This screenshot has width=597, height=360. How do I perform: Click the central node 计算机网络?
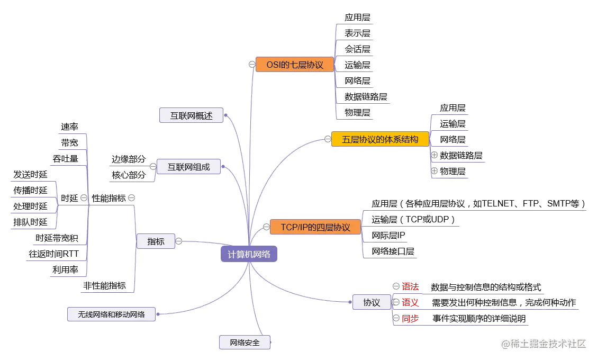pyautogui.click(x=249, y=254)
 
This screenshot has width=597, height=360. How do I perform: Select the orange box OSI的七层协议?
pyautogui.click(x=295, y=65)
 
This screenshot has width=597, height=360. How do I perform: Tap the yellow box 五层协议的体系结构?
pyautogui.click(x=379, y=140)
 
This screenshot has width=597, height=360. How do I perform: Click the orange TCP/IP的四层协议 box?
pyautogui.click(x=315, y=228)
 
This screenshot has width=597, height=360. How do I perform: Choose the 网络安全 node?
pyautogui.click(x=245, y=343)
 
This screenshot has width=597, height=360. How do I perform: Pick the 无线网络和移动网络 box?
pyautogui.click(x=111, y=314)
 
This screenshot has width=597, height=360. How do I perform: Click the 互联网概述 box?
pyautogui.click(x=191, y=115)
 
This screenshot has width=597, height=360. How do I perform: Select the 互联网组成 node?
pyautogui.click(x=189, y=167)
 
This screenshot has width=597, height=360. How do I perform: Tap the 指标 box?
pyautogui.click(x=156, y=241)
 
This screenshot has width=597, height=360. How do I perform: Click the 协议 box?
pyautogui.click(x=372, y=303)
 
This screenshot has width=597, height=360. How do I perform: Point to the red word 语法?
pyautogui.click(x=410, y=287)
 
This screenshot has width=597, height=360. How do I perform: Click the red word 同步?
pyautogui.click(x=410, y=319)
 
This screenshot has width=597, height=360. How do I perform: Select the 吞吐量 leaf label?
pyautogui.click(x=66, y=158)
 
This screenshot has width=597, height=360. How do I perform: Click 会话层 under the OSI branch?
pyautogui.click(x=357, y=49)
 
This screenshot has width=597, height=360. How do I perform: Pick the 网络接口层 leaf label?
pyautogui.click(x=393, y=250)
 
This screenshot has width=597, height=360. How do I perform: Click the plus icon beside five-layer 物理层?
pyautogui.click(x=434, y=171)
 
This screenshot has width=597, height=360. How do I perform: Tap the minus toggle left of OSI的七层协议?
pyautogui.click(x=252, y=64)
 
